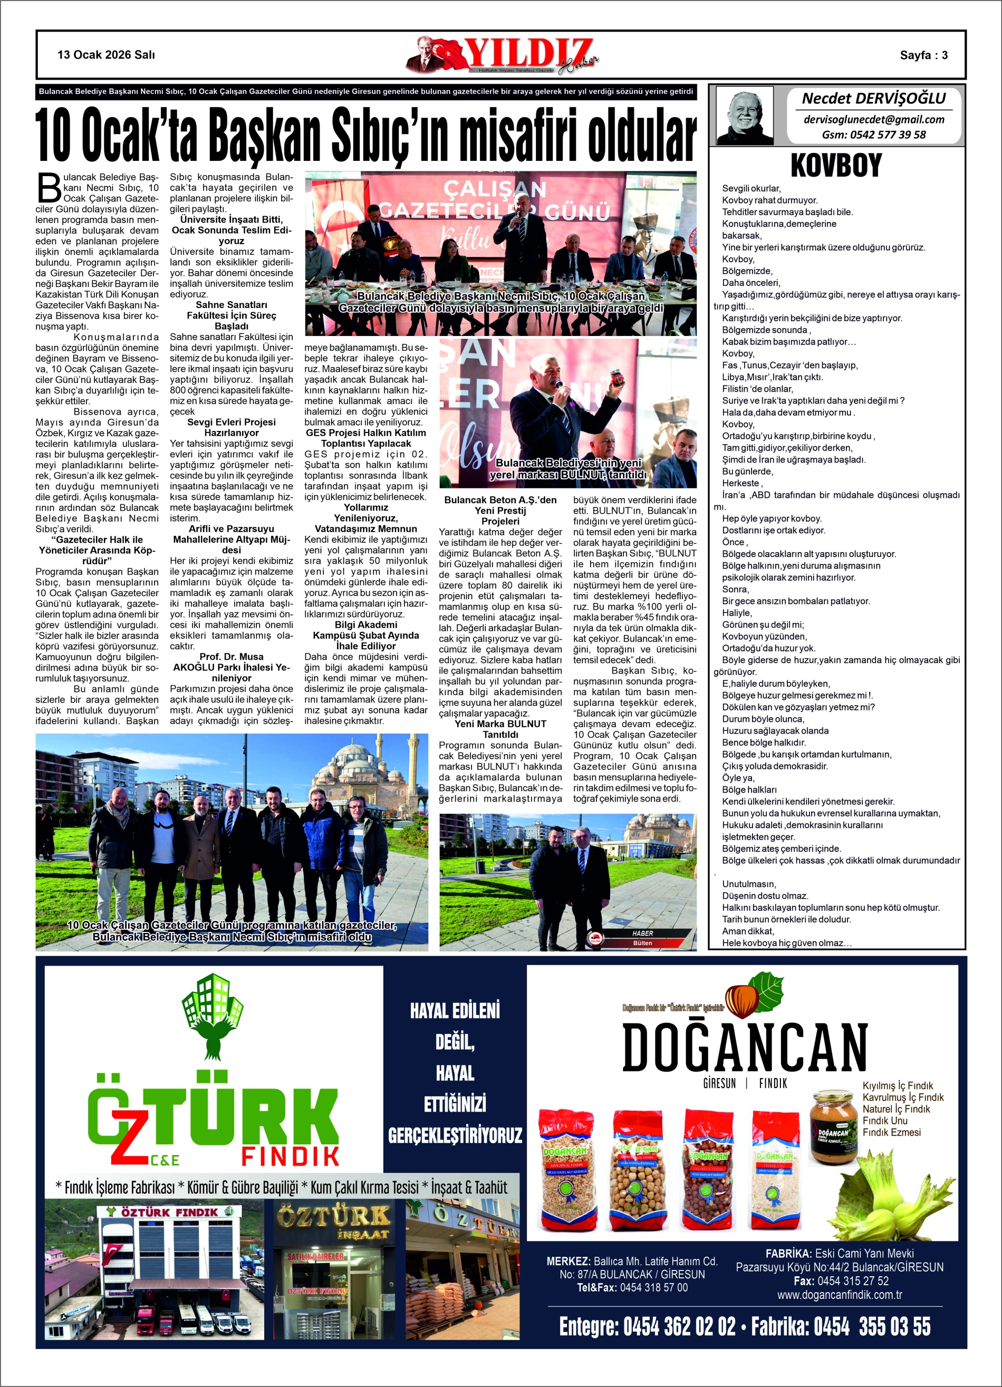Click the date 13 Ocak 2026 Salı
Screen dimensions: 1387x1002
pyautogui.click(x=106, y=55)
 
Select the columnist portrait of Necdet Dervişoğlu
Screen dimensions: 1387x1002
pyautogui.click(x=745, y=115)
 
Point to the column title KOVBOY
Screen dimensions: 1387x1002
pyautogui.click(x=836, y=165)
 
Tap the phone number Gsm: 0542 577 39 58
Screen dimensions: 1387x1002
pyautogui.click(x=873, y=134)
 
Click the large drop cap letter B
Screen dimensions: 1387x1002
pyautogui.click(x=49, y=188)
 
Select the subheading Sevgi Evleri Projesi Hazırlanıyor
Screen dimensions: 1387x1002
pyautogui.click(x=231, y=427)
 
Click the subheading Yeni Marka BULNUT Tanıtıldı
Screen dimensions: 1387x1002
pyautogui.click(x=500, y=729)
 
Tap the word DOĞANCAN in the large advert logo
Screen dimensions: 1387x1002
pyautogui.click(x=745, y=1047)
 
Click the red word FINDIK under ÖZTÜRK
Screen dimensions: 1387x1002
pyautogui.click(x=290, y=1156)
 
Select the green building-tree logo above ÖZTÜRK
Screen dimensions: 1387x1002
pyautogui.click(x=213, y=1016)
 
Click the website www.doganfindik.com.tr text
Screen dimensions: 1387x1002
pyautogui.click(x=839, y=1295)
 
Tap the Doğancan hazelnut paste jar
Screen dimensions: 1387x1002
pyautogui.click(x=833, y=1127)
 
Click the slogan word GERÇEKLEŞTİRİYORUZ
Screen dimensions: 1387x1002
pyautogui.click(x=455, y=1135)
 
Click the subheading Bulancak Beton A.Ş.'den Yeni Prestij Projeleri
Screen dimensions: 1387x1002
pyautogui.click(x=500, y=510)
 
